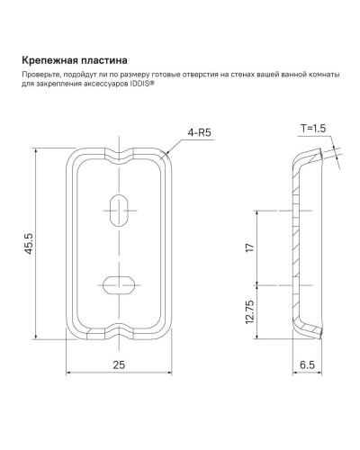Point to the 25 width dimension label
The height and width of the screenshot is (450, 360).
click(118, 364)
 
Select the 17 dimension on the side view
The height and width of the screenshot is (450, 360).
click(250, 247)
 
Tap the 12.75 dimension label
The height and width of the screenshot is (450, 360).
click(250, 310)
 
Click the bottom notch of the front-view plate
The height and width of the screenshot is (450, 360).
click(117, 328)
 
